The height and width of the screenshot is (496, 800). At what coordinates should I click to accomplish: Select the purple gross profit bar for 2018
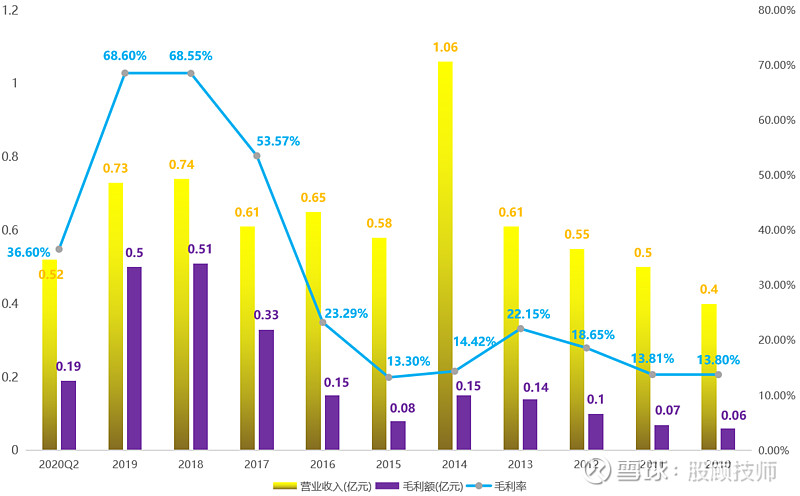coord(200,356)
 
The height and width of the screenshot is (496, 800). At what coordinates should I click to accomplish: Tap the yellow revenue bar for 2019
coord(116,316)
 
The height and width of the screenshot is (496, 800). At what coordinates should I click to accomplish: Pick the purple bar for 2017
coord(266,389)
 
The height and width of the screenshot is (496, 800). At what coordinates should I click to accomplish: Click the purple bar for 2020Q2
coord(68,415)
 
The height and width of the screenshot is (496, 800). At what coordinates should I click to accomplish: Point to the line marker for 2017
coord(257,155)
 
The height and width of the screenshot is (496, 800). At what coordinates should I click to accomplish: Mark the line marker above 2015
coord(389,377)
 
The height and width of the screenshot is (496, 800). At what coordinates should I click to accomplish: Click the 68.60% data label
coord(125,56)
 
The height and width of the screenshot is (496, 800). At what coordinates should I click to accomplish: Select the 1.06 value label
coord(446,47)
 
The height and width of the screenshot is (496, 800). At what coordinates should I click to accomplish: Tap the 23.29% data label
coord(347,312)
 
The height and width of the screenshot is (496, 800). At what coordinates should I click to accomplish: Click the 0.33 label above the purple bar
coord(266,315)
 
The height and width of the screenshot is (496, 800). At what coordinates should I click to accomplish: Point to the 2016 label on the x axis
coord(322,465)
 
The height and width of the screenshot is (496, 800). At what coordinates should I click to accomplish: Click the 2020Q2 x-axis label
coord(59,465)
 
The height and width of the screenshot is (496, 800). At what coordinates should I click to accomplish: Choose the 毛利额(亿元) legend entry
coord(421,486)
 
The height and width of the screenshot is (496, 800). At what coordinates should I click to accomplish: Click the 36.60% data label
coord(28,253)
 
